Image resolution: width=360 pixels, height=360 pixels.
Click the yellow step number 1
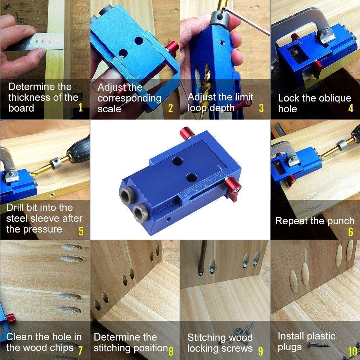click(80, 107)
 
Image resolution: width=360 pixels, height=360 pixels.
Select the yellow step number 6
click(351, 231)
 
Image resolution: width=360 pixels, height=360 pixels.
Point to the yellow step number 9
click(261, 351)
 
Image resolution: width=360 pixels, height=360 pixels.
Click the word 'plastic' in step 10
click(321, 337)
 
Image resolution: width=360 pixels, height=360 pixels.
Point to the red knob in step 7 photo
click(10, 318)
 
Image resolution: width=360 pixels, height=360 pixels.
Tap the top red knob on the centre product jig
click(187, 134)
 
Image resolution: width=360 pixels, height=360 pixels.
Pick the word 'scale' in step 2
click(109, 109)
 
